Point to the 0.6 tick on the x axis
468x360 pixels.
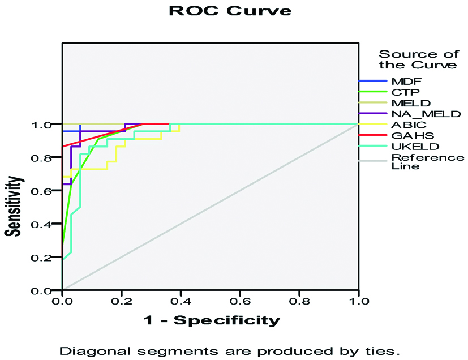coord(239,302)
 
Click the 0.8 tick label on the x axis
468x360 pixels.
coord(299,302)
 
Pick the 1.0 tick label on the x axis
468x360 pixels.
coord(358,302)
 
